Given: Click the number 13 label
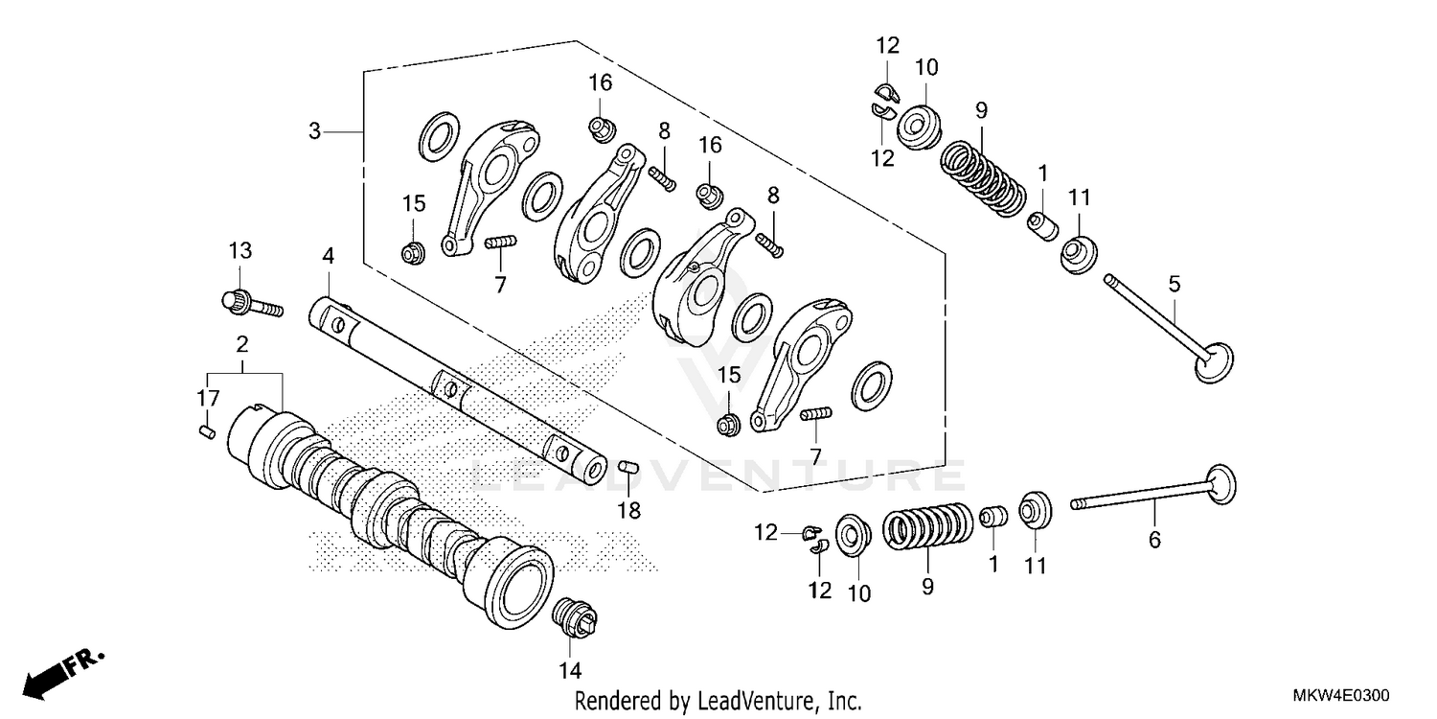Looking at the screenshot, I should point(239,251).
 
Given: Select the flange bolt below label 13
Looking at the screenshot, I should point(251,304).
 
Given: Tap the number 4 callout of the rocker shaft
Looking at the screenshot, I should point(328,257).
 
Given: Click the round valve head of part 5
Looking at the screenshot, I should point(1215,362).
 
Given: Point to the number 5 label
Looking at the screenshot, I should point(1175,284).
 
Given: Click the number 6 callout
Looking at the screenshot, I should point(1154,541).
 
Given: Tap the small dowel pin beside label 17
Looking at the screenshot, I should point(204,432).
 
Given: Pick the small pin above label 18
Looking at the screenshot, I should point(627,467).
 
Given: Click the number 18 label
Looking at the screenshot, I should point(628,510).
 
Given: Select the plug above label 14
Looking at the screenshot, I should point(575,616).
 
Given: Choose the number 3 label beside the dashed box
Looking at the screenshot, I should point(314,131).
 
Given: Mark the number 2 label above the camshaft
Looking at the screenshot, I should point(242,343).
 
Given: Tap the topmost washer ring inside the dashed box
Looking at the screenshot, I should point(438,136).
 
